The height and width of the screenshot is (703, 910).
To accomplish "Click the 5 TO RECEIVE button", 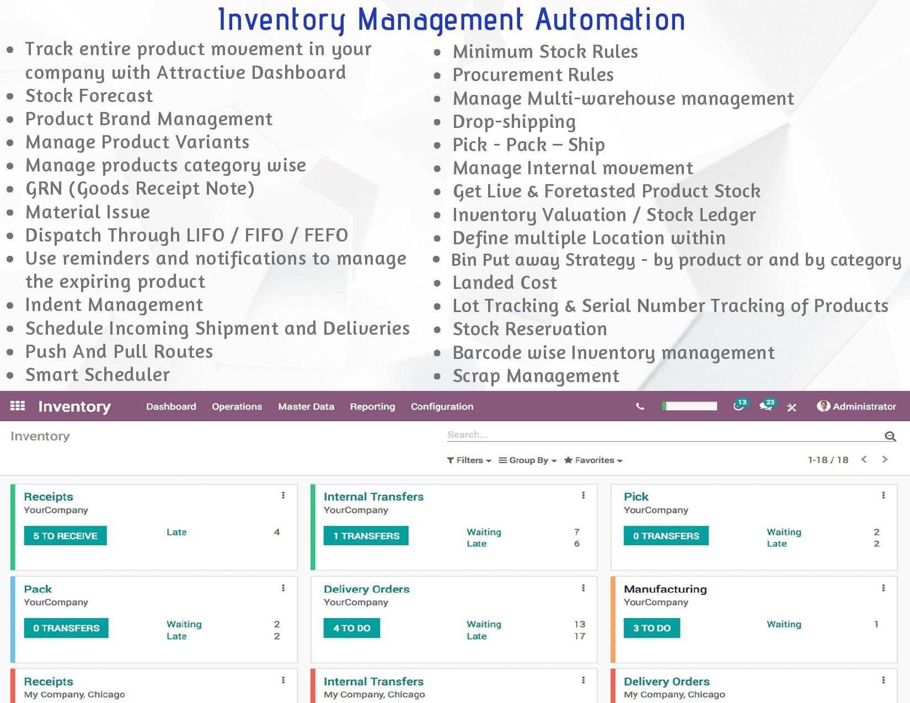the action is coord(65,535).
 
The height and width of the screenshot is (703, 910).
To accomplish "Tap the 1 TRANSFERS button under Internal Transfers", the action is coord(366,535).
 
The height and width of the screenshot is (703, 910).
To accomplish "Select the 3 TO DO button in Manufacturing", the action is coord(652,628).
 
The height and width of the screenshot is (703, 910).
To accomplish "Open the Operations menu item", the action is coord(237,406).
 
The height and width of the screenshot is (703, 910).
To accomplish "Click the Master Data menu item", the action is coord(306,406).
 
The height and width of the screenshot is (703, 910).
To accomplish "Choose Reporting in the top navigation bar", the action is coord(372,406).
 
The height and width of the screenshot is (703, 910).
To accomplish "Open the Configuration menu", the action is coord(442,406).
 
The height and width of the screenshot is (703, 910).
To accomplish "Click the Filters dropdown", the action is coord(469,460).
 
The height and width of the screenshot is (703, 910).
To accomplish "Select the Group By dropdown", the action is coord(528,460).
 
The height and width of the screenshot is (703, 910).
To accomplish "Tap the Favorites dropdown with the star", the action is coord(593,460).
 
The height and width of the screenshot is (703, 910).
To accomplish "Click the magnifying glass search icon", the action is coord(890,436).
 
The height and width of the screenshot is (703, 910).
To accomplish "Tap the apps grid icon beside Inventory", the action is coord(18,406).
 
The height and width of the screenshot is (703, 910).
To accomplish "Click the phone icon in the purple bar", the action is coord(640,406).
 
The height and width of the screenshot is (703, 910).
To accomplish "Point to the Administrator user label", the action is coord(864,406).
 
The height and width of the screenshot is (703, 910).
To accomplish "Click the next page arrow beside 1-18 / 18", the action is coord(885,459).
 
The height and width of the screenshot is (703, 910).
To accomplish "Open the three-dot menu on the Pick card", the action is coord(883,495).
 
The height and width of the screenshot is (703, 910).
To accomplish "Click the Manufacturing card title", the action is coord(665,589).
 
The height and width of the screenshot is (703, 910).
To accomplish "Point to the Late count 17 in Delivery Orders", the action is coord(580,636).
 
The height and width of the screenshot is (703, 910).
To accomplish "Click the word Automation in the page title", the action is coord(610,20).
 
